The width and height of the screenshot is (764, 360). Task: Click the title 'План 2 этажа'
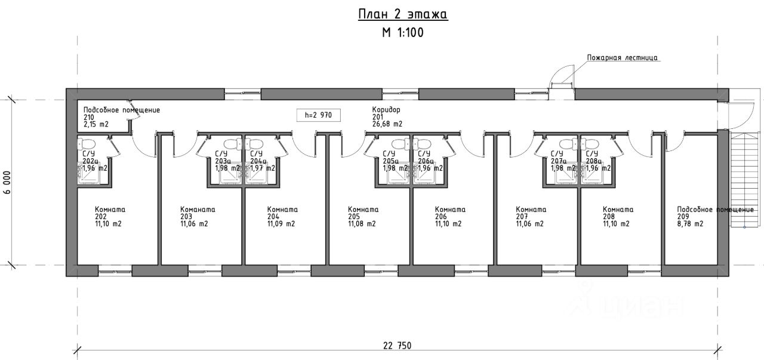coord(402,14)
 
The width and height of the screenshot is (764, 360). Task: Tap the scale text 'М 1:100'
coord(402,33)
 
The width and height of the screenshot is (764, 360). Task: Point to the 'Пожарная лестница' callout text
coord(623,58)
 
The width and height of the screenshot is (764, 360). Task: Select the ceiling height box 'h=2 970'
coord(318,115)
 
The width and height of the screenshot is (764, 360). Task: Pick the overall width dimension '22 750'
coord(397,346)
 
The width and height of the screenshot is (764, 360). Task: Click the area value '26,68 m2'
coord(387,124)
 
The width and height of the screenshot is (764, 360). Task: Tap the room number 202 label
coord(101,217)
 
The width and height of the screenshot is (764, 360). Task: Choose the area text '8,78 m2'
coord(690,224)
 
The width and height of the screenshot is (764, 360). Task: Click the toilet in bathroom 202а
coord(88,144)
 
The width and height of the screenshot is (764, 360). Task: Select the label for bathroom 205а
coord(390,161)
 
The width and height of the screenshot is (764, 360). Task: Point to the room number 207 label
coord(522,217)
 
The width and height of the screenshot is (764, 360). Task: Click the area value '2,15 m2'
coord(96,124)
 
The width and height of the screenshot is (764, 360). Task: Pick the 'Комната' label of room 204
coord(282,210)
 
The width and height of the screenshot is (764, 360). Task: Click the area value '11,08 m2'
coord(362,224)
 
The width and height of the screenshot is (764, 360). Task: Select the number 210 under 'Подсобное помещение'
coord(89,117)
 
